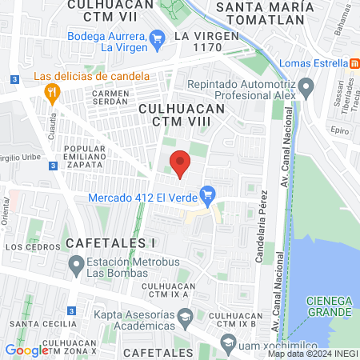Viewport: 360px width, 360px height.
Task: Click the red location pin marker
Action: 181,163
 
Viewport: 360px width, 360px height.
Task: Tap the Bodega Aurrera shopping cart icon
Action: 157,37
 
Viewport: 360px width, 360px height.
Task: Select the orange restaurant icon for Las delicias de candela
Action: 53,91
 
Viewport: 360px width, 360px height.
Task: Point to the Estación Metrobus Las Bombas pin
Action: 76,262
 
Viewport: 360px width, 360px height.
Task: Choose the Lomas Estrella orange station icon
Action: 354,63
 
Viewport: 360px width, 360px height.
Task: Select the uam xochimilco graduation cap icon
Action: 228,343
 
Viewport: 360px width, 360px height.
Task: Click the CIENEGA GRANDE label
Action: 329,306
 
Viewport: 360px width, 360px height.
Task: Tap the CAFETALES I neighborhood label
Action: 110,242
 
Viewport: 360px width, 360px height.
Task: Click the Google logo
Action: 27,350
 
